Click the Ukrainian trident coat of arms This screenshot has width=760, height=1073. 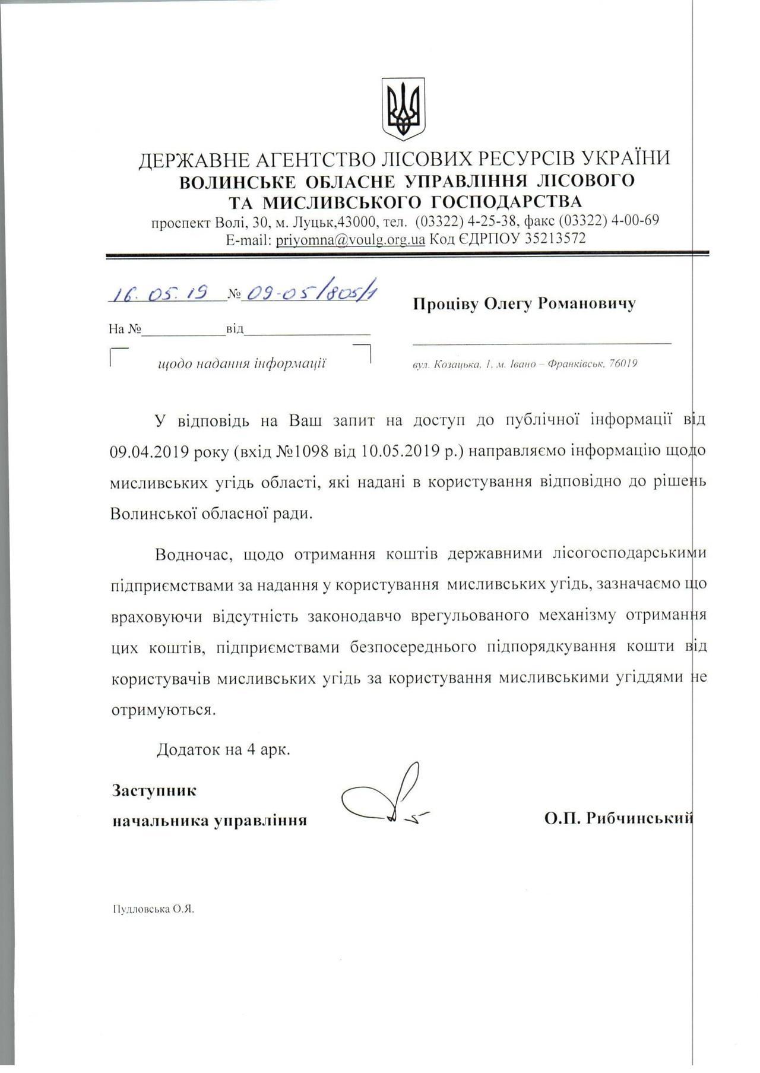403,108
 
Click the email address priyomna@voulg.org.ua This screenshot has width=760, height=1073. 350,239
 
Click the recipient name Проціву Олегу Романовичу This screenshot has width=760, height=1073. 524,303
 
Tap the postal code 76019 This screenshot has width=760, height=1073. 623,363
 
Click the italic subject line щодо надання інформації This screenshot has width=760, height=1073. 242,363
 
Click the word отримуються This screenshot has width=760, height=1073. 163,709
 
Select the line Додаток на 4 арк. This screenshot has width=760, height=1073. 223,749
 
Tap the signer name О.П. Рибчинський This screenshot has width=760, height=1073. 618,818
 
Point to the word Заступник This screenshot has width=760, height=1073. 154,790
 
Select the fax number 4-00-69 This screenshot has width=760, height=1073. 636,220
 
